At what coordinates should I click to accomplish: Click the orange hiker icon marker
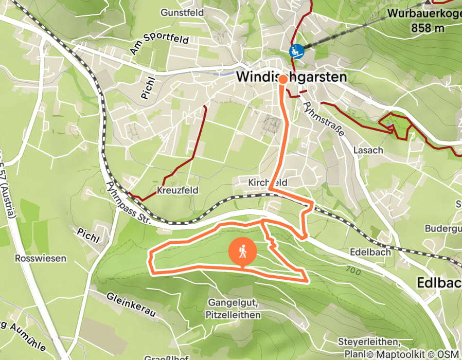tap(243, 251)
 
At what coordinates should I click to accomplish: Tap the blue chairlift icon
tap(296, 51)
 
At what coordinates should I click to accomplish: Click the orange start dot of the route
tap(282, 79)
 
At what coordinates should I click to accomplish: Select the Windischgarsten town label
tap(291, 77)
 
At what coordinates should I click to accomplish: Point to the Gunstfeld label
tap(182, 12)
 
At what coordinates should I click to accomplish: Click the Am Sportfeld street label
tap(159, 45)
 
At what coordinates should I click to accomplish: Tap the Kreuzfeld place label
tap(177, 190)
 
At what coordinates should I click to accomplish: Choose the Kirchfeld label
tap(267, 183)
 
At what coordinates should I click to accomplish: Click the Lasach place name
tap(368, 150)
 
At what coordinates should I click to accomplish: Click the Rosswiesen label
tap(41, 258)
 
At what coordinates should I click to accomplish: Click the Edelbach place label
tap(370, 253)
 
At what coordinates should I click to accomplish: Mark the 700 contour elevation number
tap(353, 270)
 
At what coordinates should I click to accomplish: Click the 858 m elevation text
tap(428, 28)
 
